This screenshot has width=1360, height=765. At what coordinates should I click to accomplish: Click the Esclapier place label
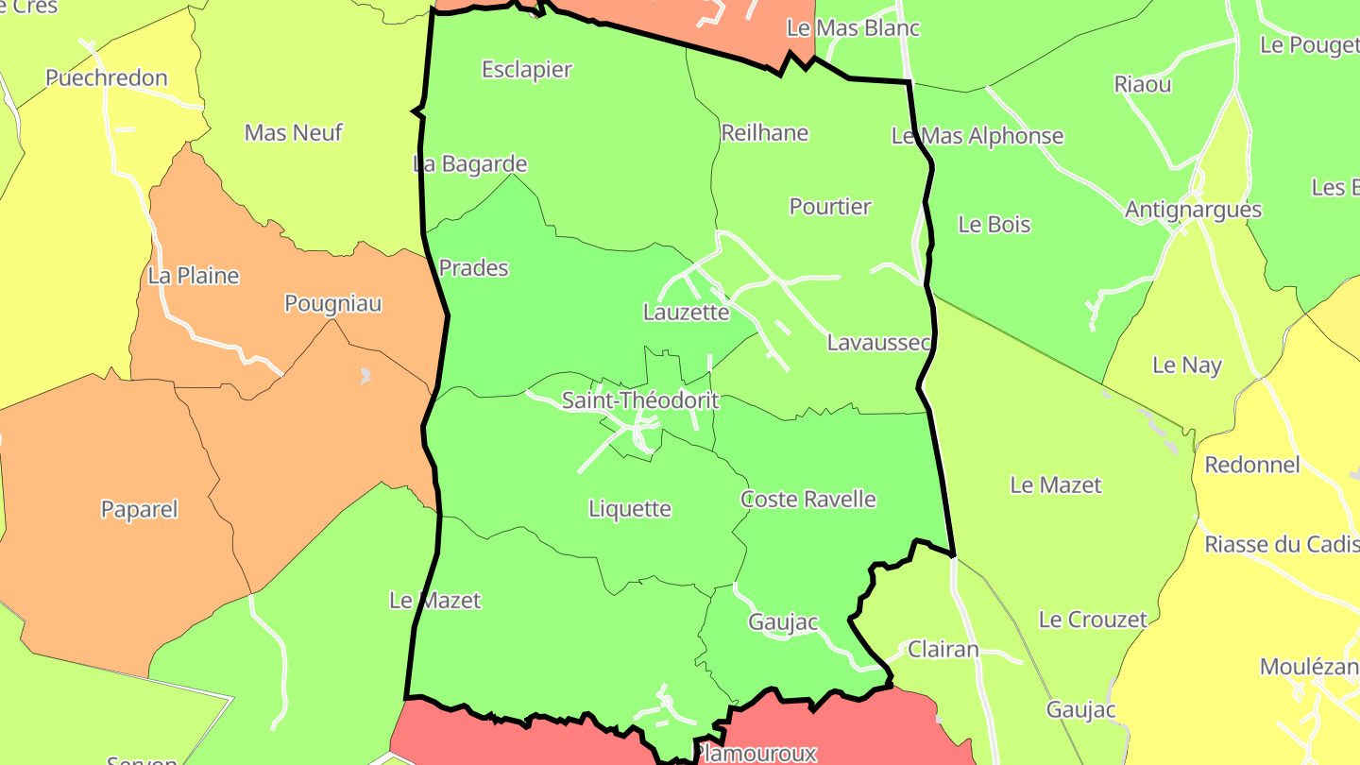click(x=527, y=70)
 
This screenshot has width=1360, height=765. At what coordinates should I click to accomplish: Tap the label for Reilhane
click(x=764, y=133)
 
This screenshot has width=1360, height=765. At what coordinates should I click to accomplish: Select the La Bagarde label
click(x=470, y=164)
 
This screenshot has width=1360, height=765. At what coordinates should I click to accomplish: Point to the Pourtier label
click(x=830, y=207)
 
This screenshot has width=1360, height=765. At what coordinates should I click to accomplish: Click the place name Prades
click(x=474, y=268)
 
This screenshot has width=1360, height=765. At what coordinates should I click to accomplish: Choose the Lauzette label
click(x=686, y=313)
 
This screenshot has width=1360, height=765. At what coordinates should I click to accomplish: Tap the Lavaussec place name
click(x=878, y=343)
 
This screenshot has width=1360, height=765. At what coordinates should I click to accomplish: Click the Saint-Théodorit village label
click(x=640, y=400)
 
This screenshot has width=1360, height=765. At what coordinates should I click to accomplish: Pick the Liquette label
click(x=630, y=509)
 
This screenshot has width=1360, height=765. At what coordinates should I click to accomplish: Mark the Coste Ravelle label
click(x=807, y=500)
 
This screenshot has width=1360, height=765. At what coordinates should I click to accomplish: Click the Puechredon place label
click(x=106, y=78)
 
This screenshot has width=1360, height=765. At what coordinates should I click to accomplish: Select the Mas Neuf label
click(x=293, y=133)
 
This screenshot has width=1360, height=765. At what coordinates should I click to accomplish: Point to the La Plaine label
click(x=194, y=277)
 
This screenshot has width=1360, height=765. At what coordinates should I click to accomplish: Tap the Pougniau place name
click(x=333, y=304)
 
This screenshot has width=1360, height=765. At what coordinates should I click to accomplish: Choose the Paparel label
click(x=140, y=510)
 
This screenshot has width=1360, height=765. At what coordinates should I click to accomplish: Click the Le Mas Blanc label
click(x=853, y=28)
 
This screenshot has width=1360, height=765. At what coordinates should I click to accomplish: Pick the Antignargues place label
click(x=1193, y=210)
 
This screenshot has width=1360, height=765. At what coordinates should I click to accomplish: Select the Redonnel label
click(x=1252, y=465)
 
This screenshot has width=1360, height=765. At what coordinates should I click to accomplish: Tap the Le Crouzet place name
click(x=1093, y=620)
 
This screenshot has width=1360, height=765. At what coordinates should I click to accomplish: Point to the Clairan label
click(x=943, y=650)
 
